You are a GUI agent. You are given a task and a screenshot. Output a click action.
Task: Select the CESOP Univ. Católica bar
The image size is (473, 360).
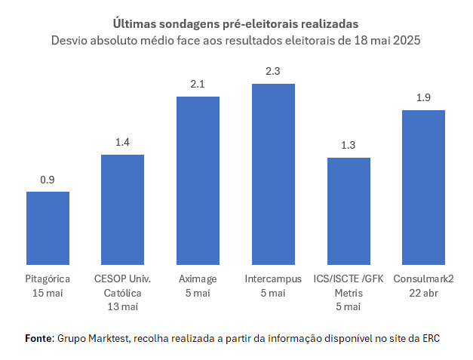click(122, 209)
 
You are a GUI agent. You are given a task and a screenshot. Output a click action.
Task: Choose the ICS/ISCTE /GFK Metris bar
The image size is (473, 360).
click(349, 211)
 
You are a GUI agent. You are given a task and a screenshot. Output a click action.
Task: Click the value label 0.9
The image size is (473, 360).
click(48, 180)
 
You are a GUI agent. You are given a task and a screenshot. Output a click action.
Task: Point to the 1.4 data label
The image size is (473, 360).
click(122, 143)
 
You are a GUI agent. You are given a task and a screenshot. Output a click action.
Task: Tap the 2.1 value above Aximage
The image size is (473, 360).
click(198, 85)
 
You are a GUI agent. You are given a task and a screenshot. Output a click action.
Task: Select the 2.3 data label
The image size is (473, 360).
click(273, 71)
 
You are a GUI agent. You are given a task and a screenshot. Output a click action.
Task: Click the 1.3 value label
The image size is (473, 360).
click(349, 146)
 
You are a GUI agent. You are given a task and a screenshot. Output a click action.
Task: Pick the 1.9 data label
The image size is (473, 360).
click(423, 98)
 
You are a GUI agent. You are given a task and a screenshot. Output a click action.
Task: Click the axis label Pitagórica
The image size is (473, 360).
click(48, 278)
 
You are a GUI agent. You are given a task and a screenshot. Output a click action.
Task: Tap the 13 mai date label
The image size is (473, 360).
click(122, 306)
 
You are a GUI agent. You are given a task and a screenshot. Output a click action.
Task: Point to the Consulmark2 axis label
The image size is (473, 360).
click(423, 278)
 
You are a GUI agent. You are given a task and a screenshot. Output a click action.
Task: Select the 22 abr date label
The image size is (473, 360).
click(423, 292)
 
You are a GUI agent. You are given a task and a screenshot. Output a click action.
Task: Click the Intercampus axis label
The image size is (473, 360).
click(273, 278)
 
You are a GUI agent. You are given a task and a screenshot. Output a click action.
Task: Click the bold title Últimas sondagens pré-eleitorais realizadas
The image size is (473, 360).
click(235, 23)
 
